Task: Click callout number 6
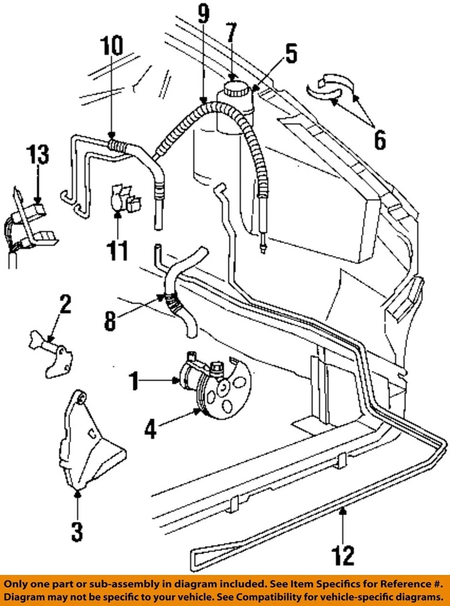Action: tap(379, 140)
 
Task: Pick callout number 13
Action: tap(37, 155)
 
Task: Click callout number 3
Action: tap(76, 530)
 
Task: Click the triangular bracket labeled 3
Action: tap(92, 442)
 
